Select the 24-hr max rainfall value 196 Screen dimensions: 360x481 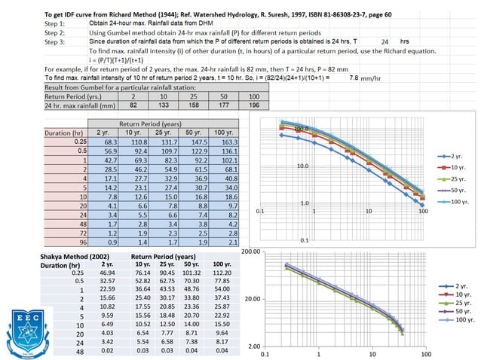coord(253,107)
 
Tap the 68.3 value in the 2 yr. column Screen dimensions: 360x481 coord(103,141)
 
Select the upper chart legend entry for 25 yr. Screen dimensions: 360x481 coord(455,178)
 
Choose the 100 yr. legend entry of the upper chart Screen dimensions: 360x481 coord(455,202)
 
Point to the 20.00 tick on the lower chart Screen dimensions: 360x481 coord(251,299)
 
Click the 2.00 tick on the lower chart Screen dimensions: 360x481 coord(253,346)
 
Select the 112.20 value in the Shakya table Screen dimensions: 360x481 coord(221,274)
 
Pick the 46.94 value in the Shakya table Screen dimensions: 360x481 coord(103,274)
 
